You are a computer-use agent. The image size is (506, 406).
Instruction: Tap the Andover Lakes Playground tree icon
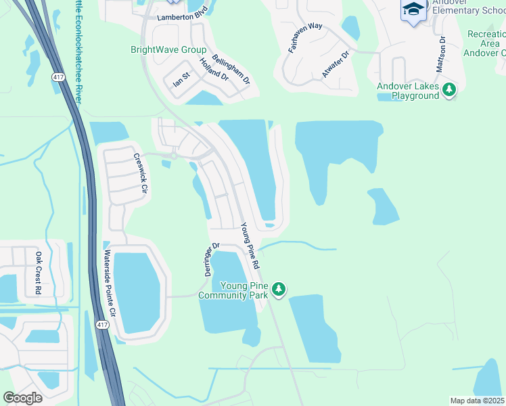[448, 89]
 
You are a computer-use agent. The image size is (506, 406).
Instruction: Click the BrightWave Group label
[169, 50]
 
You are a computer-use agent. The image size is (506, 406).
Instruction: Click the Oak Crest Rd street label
[39, 273]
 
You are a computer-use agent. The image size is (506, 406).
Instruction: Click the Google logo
[22, 398]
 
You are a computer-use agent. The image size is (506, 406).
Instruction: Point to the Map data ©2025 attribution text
[477, 401]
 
